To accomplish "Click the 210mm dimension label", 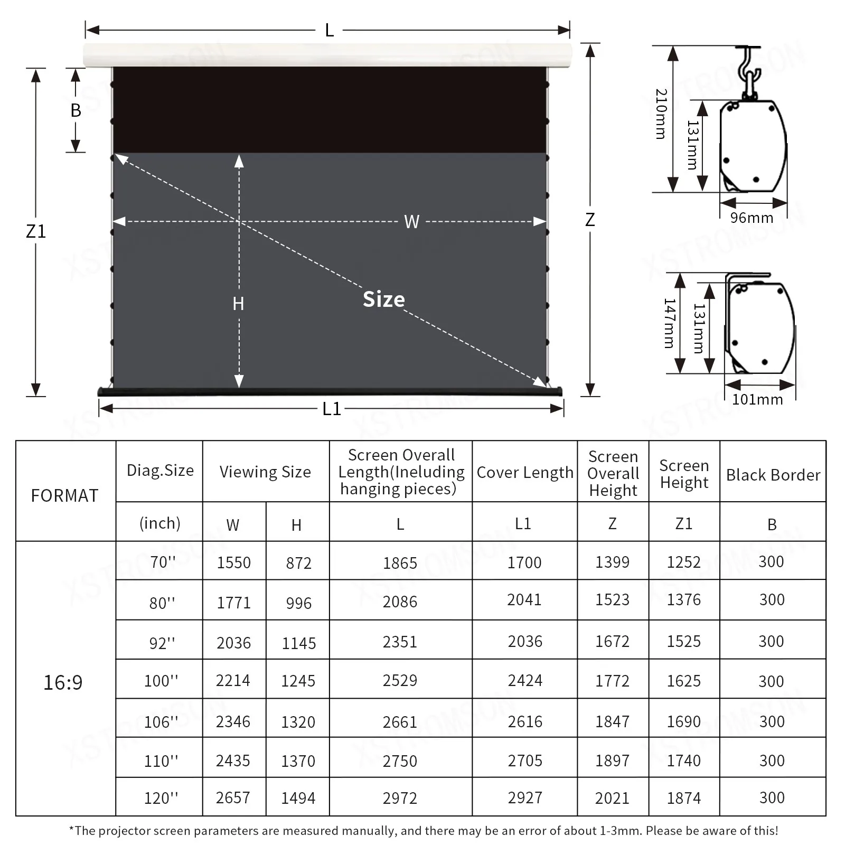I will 661,114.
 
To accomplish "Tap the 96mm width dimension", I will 751,218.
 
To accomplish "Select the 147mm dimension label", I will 669,323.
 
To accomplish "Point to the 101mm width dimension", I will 757,399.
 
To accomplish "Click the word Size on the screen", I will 384,299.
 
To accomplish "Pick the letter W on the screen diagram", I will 411,221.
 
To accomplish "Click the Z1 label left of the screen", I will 36,231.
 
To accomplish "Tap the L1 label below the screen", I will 332,409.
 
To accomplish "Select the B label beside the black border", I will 76,110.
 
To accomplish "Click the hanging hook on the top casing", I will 749,69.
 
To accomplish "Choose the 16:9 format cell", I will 63,682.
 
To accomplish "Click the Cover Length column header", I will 524,472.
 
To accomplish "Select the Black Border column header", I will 773,475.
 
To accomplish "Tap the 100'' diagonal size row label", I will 161,681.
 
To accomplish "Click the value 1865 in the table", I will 400,563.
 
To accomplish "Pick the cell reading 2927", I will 524,797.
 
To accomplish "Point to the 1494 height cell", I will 298,798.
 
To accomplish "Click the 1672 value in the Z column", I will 612,641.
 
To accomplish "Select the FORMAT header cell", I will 64,495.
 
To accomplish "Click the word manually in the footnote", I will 364,831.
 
